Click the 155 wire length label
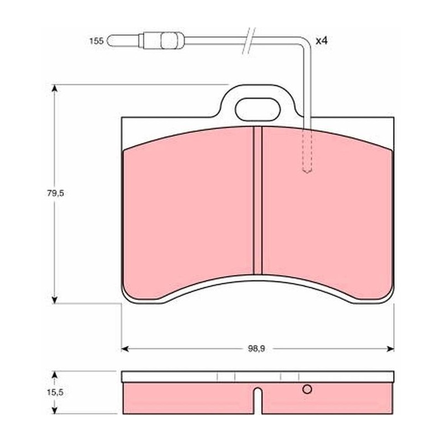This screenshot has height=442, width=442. pyautogui.click(x=96, y=41)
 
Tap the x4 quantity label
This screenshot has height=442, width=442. pyautogui.click(x=322, y=41)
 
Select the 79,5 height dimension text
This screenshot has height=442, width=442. pyautogui.click(x=56, y=193)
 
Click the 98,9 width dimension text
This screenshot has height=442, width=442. pyautogui.click(x=256, y=349)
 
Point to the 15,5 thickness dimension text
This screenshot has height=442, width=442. pyautogui.click(x=56, y=392)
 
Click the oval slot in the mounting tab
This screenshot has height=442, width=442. pyautogui.click(x=258, y=109)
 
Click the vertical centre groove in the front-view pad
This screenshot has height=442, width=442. pyautogui.click(x=257, y=201)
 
